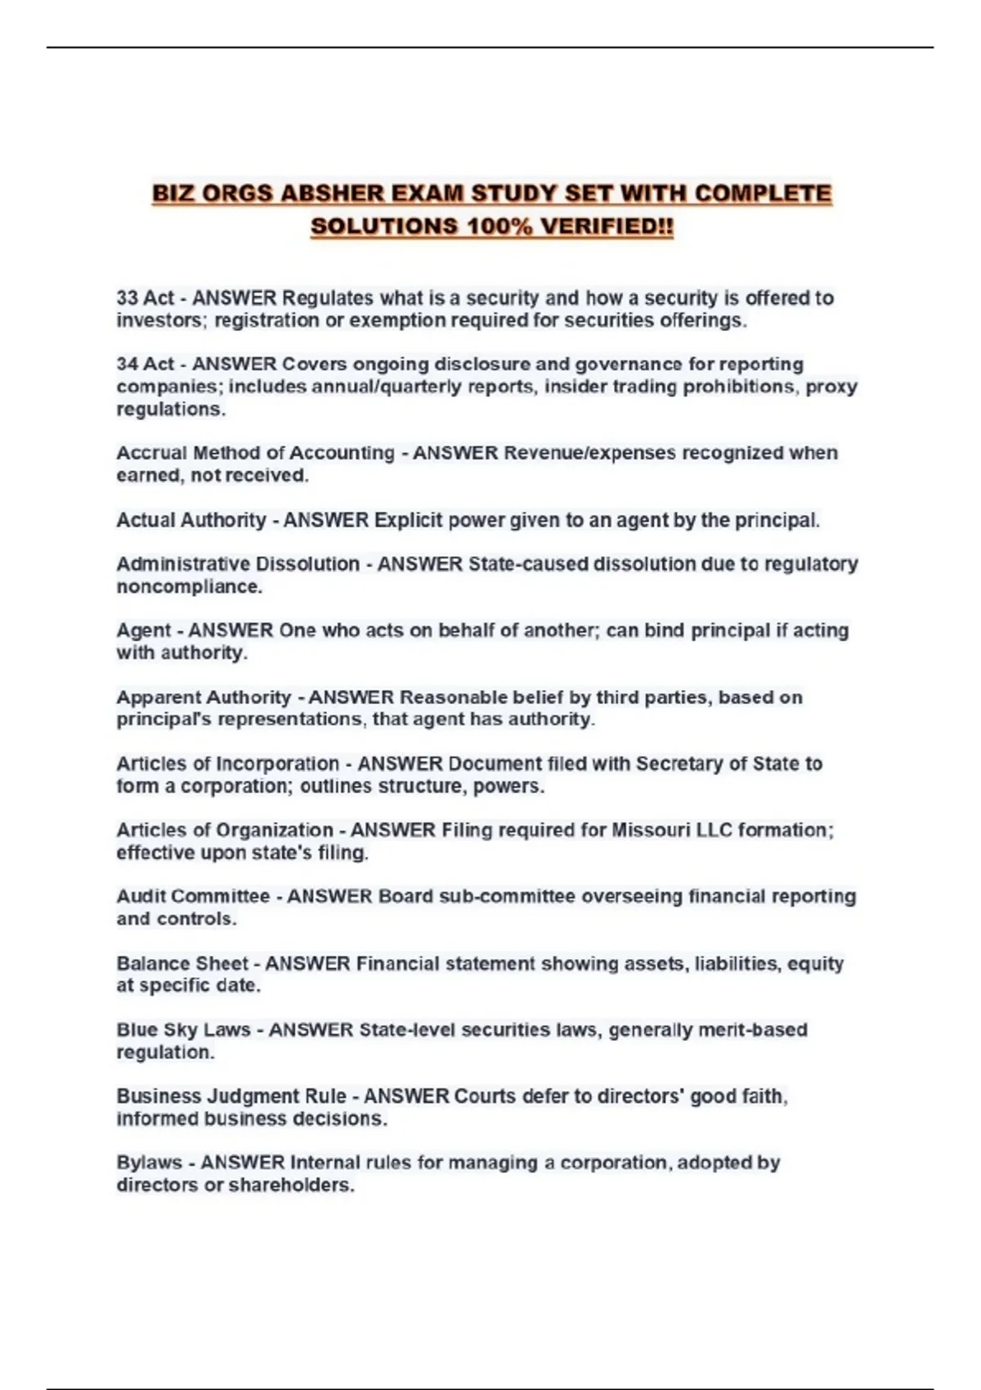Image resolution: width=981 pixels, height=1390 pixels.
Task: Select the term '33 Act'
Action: pyautogui.click(x=145, y=298)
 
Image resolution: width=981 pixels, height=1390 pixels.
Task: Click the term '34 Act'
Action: pyautogui.click(x=145, y=365)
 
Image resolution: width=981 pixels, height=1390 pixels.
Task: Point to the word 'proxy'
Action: pyautogui.click(x=831, y=387)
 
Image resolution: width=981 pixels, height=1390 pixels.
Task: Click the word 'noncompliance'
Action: pyautogui.click(x=187, y=587)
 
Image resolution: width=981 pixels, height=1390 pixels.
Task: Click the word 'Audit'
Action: pyautogui.click(x=141, y=896)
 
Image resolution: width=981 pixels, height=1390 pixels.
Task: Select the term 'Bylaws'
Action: pyautogui.click(x=149, y=1163)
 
